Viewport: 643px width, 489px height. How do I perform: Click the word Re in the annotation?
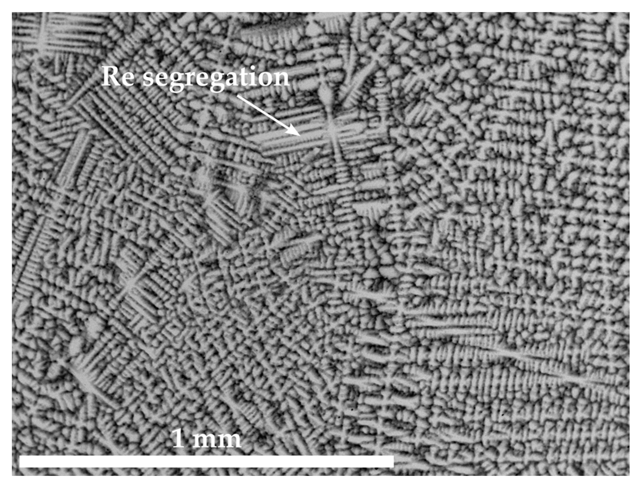(118, 77)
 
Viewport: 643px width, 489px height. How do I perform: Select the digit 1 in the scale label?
(179, 439)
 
